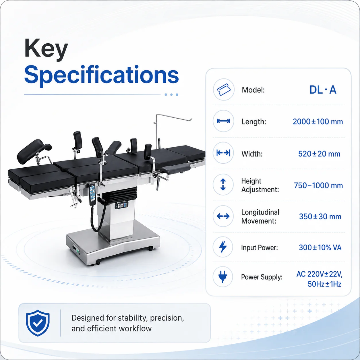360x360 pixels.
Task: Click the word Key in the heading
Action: [x=46, y=49]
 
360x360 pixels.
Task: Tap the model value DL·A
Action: [x=323, y=90]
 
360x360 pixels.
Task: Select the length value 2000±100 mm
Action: [x=318, y=122]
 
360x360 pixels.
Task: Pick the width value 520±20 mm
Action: [x=319, y=154]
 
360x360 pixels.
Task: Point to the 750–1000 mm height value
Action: [x=318, y=185]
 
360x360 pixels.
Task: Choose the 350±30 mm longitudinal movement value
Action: [x=320, y=216]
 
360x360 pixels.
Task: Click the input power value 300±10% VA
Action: [x=320, y=247]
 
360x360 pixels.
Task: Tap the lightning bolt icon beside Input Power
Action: [x=223, y=247]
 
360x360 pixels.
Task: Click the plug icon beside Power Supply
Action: [x=223, y=277]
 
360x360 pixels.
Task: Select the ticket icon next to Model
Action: [x=224, y=90]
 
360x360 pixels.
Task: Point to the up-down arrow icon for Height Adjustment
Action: [x=223, y=185]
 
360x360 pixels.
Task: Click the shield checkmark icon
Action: [x=38, y=323]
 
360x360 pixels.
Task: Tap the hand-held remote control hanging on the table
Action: [x=92, y=194]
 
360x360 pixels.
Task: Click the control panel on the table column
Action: [x=121, y=205]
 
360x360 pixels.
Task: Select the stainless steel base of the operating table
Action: [x=113, y=243]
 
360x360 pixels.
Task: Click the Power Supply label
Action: [x=262, y=277]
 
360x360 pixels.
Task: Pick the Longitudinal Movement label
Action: [x=260, y=216]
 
